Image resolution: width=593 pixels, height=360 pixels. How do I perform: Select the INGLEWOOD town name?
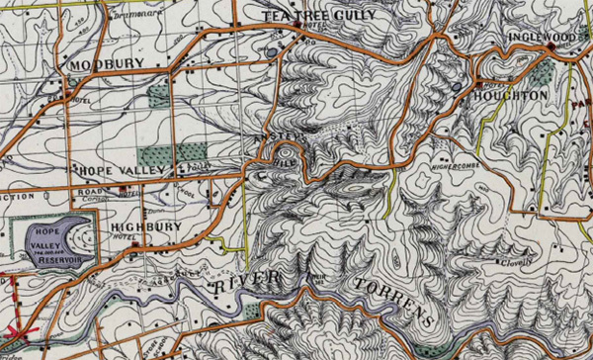(x=543, y=37)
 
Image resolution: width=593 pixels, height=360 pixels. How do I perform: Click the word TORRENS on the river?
(x=394, y=302)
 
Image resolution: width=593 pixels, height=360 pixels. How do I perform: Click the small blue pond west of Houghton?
(x=456, y=87)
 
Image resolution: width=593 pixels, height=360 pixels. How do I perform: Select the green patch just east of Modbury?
(x=158, y=96)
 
